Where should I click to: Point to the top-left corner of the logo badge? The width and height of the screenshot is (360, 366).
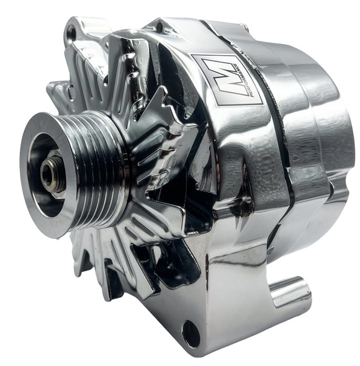coord(193,57)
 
